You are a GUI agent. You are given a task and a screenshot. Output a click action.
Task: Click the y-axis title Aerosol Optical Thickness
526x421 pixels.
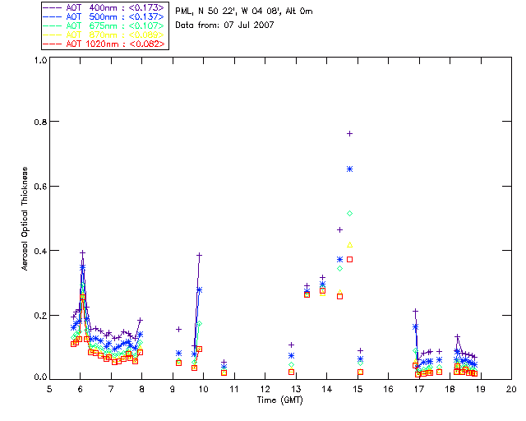pyautogui.click(x=27, y=219)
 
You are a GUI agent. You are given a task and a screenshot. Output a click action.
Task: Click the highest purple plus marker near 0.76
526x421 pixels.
pyautogui.click(x=350, y=133)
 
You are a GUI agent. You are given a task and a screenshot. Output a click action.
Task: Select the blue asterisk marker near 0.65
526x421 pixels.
pyautogui.click(x=350, y=169)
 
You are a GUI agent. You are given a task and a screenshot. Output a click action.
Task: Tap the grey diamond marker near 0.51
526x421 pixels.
pyautogui.click(x=350, y=214)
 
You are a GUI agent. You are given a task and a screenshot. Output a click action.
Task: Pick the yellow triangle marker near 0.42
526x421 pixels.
pyautogui.click(x=350, y=245)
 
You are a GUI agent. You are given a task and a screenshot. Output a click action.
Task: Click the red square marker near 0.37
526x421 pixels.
pyautogui.click(x=350, y=260)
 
